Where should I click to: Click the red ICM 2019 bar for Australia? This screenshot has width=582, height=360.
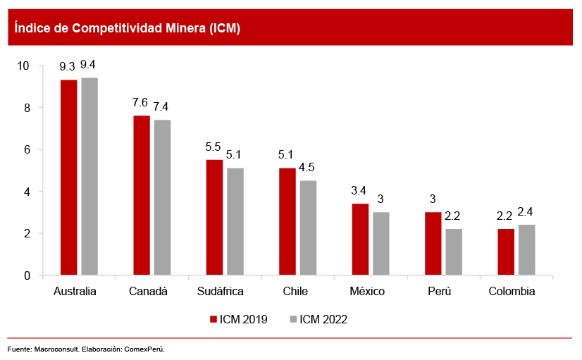[68, 178]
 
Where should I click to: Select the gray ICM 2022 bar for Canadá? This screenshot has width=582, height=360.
[162, 197]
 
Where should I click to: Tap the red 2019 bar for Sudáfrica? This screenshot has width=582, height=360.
[214, 217]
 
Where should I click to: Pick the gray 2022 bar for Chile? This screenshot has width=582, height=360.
[308, 228]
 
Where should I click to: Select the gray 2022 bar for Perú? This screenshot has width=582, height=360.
[454, 252]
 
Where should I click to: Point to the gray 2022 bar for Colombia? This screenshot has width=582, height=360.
[526, 250]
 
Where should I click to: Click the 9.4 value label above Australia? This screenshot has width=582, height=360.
[89, 66]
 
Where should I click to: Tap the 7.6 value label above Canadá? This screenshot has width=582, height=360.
[141, 103]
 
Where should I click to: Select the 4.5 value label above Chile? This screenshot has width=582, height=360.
[308, 168]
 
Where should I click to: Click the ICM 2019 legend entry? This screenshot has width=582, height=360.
[238, 319]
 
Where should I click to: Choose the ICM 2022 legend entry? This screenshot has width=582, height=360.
[318, 319]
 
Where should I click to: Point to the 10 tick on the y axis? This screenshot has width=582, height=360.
[23, 66]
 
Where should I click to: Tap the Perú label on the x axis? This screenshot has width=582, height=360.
[439, 291]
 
